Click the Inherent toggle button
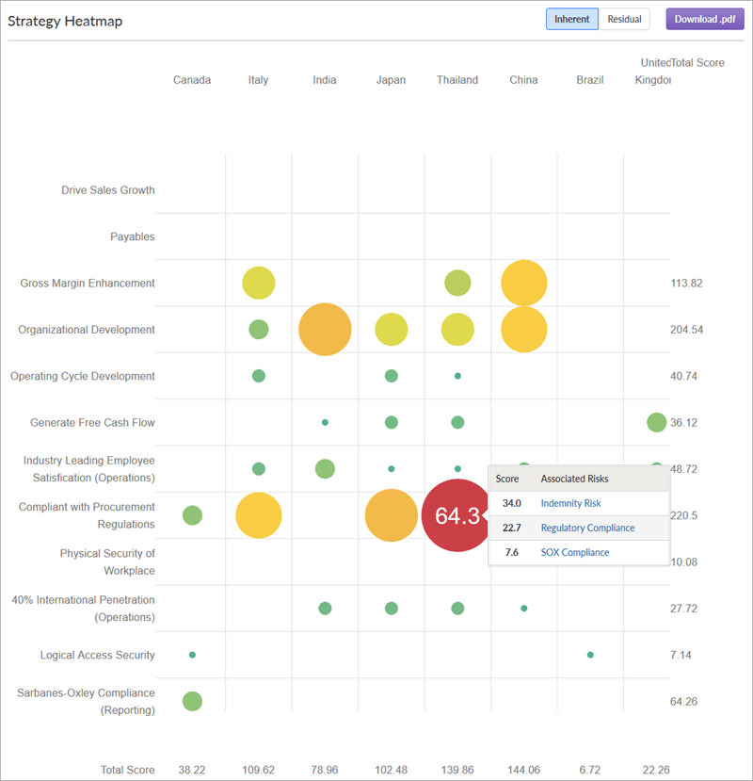pyautogui.click(x=572, y=19)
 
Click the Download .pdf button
pyautogui.click(x=704, y=19)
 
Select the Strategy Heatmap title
pyautogui.click(x=65, y=21)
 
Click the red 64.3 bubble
pyautogui.click(x=457, y=515)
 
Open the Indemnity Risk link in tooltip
pyautogui.click(x=570, y=503)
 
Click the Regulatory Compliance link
pyautogui.click(x=587, y=528)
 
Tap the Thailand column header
pyautogui.click(x=457, y=80)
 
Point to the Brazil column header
pyautogui.click(x=590, y=80)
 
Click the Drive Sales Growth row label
pyautogui.click(x=107, y=190)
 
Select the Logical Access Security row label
pyautogui.click(x=97, y=655)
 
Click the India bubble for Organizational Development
pyautogui.click(x=325, y=330)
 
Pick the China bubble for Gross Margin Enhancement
pyautogui.click(x=524, y=283)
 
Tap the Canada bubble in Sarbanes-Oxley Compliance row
pyautogui.click(x=192, y=701)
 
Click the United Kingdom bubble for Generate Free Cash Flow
pyautogui.click(x=656, y=422)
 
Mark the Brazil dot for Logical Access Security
pyautogui.click(x=590, y=654)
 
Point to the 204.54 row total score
pyautogui.click(x=686, y=330)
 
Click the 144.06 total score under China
pyautogui.click(x=523, y=770)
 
